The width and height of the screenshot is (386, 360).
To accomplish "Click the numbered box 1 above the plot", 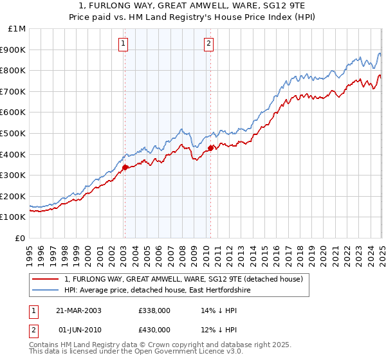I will (x=123, y=44).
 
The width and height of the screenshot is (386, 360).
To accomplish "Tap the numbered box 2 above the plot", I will (x=210, y=44).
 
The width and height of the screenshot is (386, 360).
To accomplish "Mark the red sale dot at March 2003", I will (x=125, y=168).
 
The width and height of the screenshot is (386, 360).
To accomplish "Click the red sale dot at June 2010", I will (x=210, y=148).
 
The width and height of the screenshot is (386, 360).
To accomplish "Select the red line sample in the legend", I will (x=46, y=279).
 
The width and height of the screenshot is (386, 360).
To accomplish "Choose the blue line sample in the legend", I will (x=46, y=291).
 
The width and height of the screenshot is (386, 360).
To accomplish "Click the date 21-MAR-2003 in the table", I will (x=80, y=310).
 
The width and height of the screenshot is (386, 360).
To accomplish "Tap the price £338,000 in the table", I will (x=154, y=310).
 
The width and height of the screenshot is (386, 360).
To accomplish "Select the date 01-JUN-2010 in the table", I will (x=80, y=329).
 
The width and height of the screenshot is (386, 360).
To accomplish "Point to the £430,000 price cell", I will (x=154, y=329).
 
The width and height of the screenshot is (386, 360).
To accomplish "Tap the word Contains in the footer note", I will (x=45, y=345).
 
